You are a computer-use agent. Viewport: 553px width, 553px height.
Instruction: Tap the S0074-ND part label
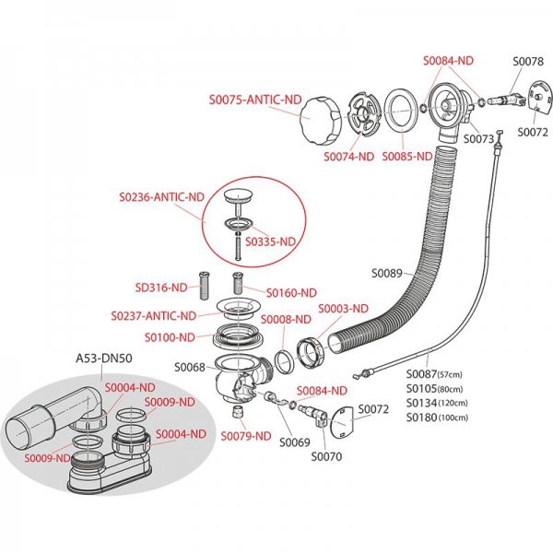click(x=348, y=157)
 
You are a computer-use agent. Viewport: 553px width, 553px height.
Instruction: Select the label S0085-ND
click(x=406, y=157)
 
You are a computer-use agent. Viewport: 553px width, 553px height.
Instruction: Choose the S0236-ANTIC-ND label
click(x=161, y=197)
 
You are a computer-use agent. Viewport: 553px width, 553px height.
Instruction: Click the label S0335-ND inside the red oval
click(x=275, y=241)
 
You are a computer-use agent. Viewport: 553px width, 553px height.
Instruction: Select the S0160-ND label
click(x=291, y=293)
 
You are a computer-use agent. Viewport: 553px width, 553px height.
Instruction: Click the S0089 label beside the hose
click(x=388, y=273)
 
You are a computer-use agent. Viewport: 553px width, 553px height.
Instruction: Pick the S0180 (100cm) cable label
click(x=436, y=417)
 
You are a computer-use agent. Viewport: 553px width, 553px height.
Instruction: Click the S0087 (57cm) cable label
click(x=435, y=375)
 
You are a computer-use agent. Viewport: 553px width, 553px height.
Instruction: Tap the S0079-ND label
click(x=248, y=436)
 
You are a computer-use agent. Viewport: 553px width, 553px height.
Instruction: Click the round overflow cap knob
click(x=320, y=119)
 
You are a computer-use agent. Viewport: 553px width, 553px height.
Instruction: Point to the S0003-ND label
click(x=343, y=308)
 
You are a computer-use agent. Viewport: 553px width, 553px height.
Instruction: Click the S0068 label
click(x=190, y=368)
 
